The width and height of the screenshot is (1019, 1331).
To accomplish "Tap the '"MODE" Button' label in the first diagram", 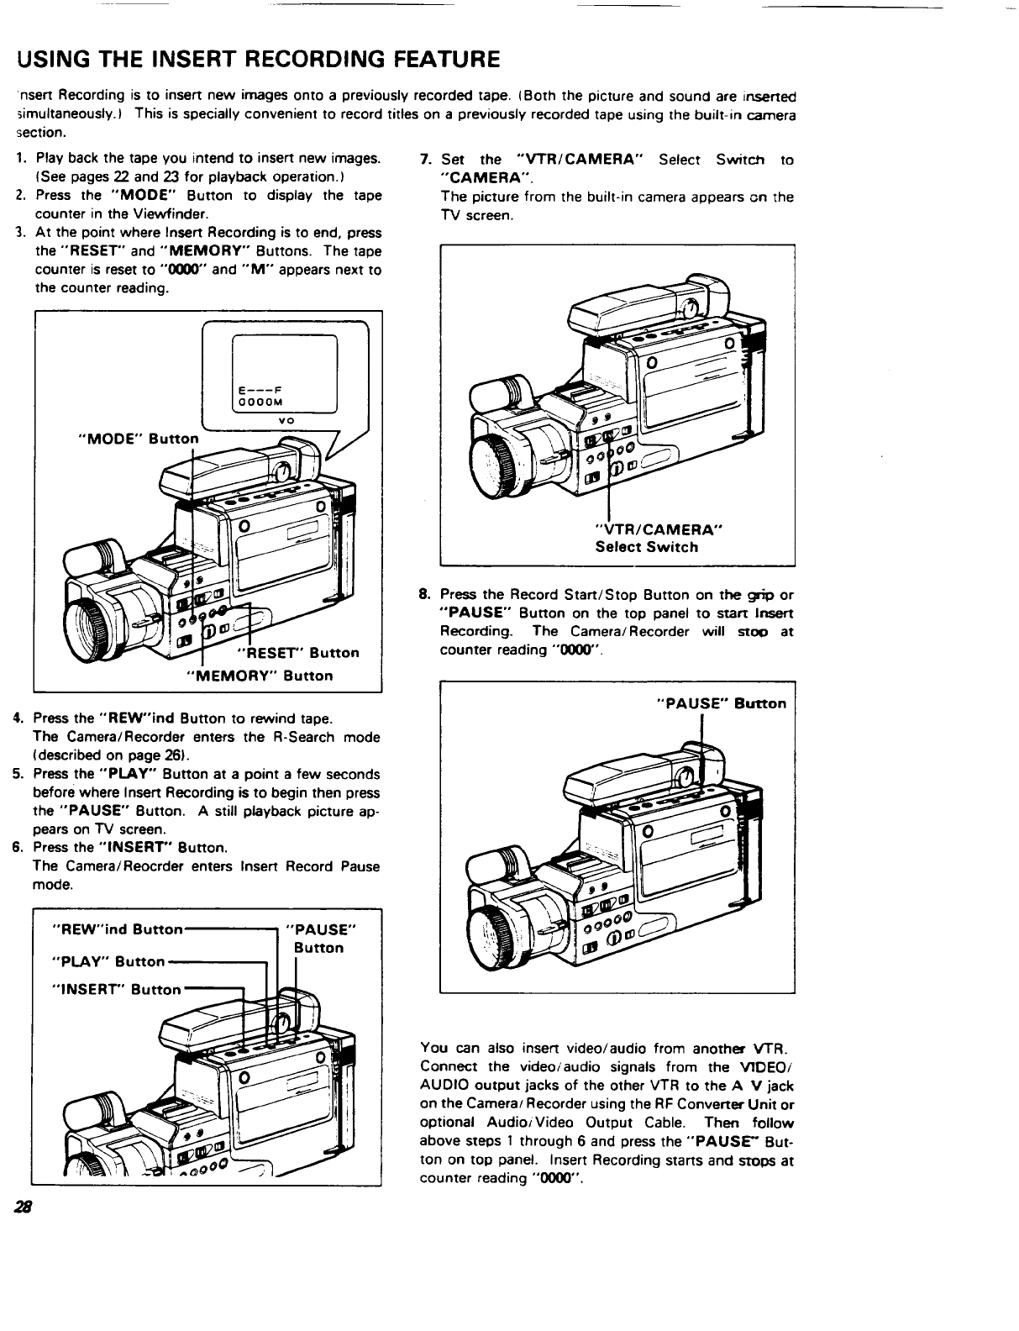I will point(138,439).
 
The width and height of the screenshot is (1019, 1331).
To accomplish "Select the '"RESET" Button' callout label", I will point(299,653).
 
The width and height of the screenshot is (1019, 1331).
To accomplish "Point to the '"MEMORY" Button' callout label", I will point(259,676).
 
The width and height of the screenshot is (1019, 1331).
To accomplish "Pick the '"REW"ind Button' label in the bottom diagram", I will point(117,929).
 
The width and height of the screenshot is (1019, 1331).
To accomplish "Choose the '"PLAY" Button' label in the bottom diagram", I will point(108,960).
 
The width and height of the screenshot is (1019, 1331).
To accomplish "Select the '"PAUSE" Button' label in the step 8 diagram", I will point(721,703).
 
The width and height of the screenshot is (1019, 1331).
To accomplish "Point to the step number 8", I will point(425,595).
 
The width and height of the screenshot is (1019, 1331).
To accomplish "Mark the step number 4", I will point(17,718).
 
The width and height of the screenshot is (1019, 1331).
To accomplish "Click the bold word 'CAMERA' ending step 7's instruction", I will point(486,178).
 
